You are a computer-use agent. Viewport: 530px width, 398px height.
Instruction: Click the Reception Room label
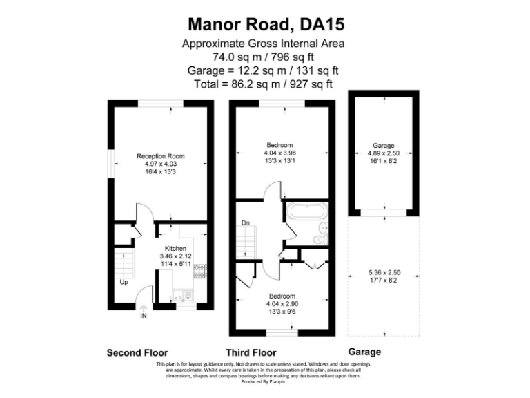[161, 156]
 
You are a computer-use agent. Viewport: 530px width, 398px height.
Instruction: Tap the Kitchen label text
[175, 248]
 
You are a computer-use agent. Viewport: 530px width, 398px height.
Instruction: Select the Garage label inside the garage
[383, 146]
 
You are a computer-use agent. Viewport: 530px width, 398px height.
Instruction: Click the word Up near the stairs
[124, 282]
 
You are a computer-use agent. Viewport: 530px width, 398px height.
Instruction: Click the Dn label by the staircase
[245, 222]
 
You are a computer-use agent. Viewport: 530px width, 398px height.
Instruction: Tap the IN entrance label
[144, 316]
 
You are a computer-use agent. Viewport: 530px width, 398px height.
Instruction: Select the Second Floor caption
[137, 352]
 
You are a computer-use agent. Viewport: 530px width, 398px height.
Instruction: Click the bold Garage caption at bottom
[364, 352]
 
